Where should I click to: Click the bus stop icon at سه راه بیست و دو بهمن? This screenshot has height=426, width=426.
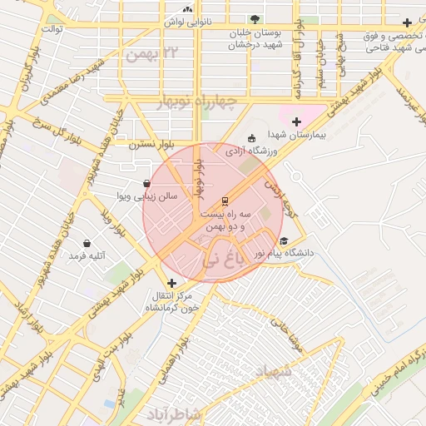tap(224, 202)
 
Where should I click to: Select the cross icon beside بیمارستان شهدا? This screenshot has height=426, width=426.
tap(295, 121)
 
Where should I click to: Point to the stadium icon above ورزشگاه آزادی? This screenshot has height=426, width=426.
tap(252, 139)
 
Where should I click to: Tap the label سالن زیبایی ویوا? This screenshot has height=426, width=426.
tap(146, 196)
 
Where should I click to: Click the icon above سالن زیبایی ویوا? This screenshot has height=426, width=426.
tap(146, 183)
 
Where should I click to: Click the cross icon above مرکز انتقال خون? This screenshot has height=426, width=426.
tap(171, 283)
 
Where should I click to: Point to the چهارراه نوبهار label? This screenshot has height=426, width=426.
tap(198, 102)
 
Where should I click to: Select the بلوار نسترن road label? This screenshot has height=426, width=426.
tap(149, 143)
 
